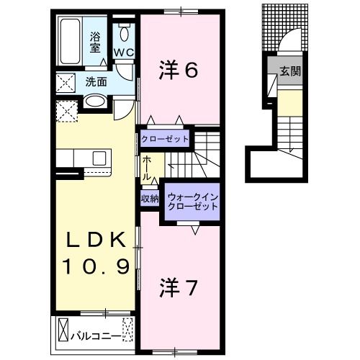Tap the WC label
[x=123, y=52]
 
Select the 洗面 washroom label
[x=96, y=81]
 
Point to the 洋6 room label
[x=178, y=69]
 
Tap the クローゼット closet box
[x=165, y=138]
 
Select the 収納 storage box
[x=150, y=198]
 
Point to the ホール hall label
[x=147, y=167]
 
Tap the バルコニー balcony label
[x=96, y=335]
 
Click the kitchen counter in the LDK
[x=81, y=158]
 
